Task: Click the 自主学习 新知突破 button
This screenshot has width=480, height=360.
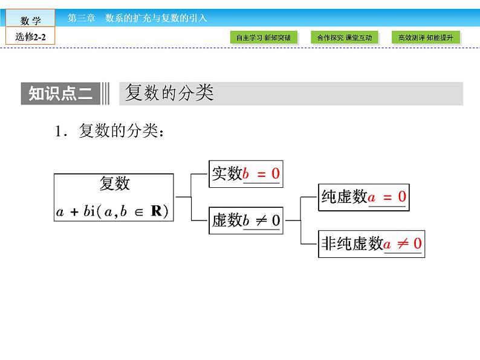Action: click(264, 37)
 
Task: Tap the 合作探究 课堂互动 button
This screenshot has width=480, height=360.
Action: click(345, 37)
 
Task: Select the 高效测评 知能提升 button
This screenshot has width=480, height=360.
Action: click(426, 37)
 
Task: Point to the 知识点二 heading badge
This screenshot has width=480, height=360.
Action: click(61, 94)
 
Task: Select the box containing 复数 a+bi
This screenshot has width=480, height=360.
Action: click(114, 197)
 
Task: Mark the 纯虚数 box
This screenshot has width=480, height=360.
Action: click(363, 196)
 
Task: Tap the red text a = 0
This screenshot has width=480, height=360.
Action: click(387, 197)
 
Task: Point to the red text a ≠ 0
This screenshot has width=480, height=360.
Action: click(403, 244)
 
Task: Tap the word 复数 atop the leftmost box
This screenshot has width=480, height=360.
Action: click(114, 184)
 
